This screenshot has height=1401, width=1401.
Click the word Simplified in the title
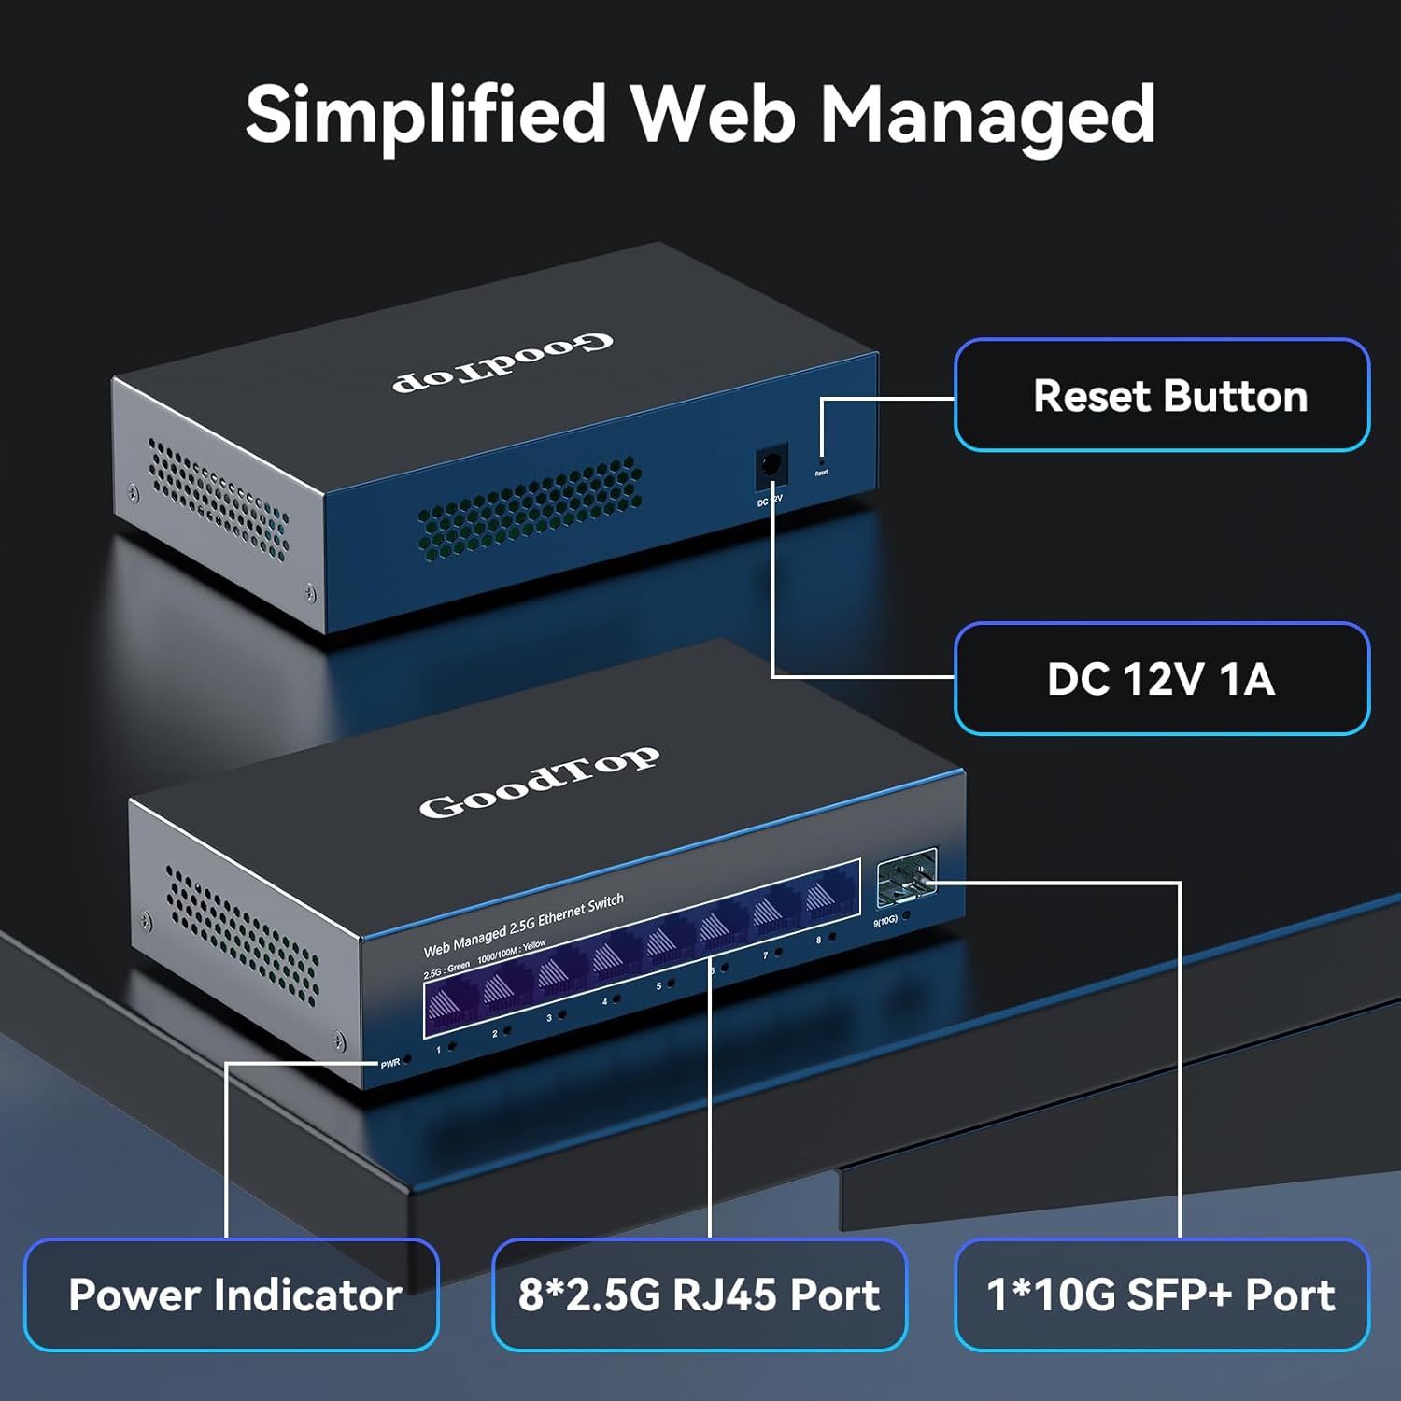click(x=425, y=115)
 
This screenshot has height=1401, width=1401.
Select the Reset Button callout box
click(x=1161, y=395)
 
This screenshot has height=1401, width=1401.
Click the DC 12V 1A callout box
click(x=1161, y=679)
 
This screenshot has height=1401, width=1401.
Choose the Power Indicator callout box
click(x=232, y=1295)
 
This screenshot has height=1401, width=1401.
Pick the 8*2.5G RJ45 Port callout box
click(x=699, y=1295)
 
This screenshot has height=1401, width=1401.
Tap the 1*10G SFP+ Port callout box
click(x=1161, y=1295)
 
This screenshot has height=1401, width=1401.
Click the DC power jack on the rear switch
click(x=771, y=464)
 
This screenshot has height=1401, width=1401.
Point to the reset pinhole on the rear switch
click(x=821, y=460)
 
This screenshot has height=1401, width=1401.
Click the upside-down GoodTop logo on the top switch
click(x=502, y=362)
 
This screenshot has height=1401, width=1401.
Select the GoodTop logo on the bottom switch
click(x=539, y=783)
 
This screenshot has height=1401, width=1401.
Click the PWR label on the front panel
click(x=389, y=1064)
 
